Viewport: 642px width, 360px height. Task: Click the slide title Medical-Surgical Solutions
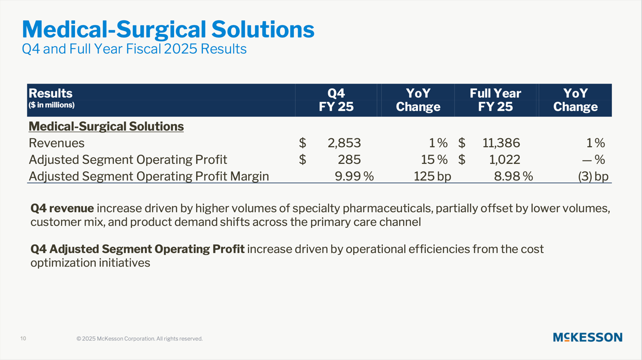tap(168, 30)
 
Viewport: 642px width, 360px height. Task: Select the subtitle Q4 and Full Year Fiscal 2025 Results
tap(134, 49)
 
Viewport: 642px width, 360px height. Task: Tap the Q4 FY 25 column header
tap(336, 100)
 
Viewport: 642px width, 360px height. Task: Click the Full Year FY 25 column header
tap(495, 100)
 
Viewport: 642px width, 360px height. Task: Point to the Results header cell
tap(50, 93)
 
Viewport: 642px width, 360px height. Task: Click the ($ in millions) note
tap(51, 105)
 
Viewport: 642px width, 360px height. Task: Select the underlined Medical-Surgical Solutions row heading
tap(106, 126)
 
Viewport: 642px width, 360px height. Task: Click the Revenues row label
tap(56, 143)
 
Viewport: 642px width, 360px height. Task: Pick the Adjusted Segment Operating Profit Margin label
tap(149, 176)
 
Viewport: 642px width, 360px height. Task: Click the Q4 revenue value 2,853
tap(344, 143)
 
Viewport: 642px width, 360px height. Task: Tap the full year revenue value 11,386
tap(501, 143)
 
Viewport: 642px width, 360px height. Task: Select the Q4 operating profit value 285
tap(349, 160)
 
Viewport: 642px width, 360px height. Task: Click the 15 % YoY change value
tap(434, 160)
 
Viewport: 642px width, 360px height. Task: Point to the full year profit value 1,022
tap(505, 160)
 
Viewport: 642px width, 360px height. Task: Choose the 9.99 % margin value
tap(354, 176)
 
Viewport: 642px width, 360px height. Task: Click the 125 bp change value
tap(432, 176)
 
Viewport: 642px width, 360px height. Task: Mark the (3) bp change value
tap(593, 176)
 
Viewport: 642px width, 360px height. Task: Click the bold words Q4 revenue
tap(62, 209)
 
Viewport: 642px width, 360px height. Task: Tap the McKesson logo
tap(587, 337)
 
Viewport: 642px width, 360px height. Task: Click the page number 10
tap(23, 339)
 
